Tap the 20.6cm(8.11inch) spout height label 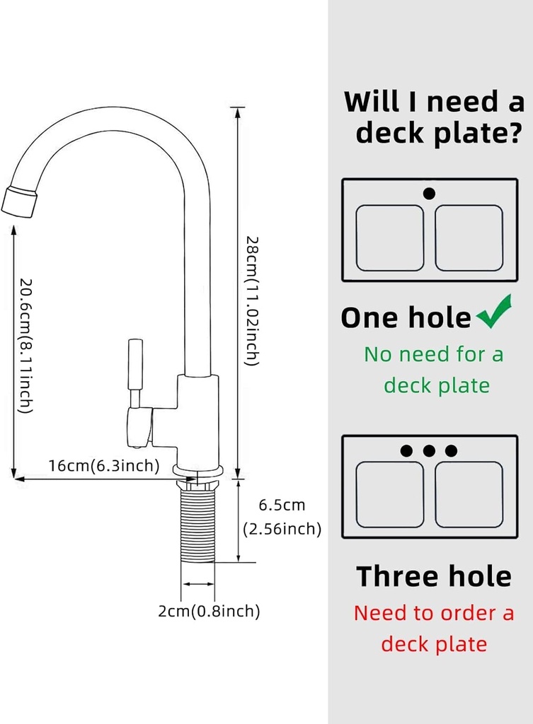[x=25, y=345]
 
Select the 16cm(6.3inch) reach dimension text [x=104, y=466]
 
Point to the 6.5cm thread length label [x=282, y=505]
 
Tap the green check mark [x=495, y=314]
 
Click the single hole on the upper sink [x=429, y=193]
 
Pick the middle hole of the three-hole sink [x=428, y=450]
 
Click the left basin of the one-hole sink [x=389, y=238]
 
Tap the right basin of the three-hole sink [x=469, y=494]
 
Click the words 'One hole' [x=405, y=318]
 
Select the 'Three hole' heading [x=433, y=576]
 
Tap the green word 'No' [x=381, y=354]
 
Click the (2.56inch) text [x=282, y=529]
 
